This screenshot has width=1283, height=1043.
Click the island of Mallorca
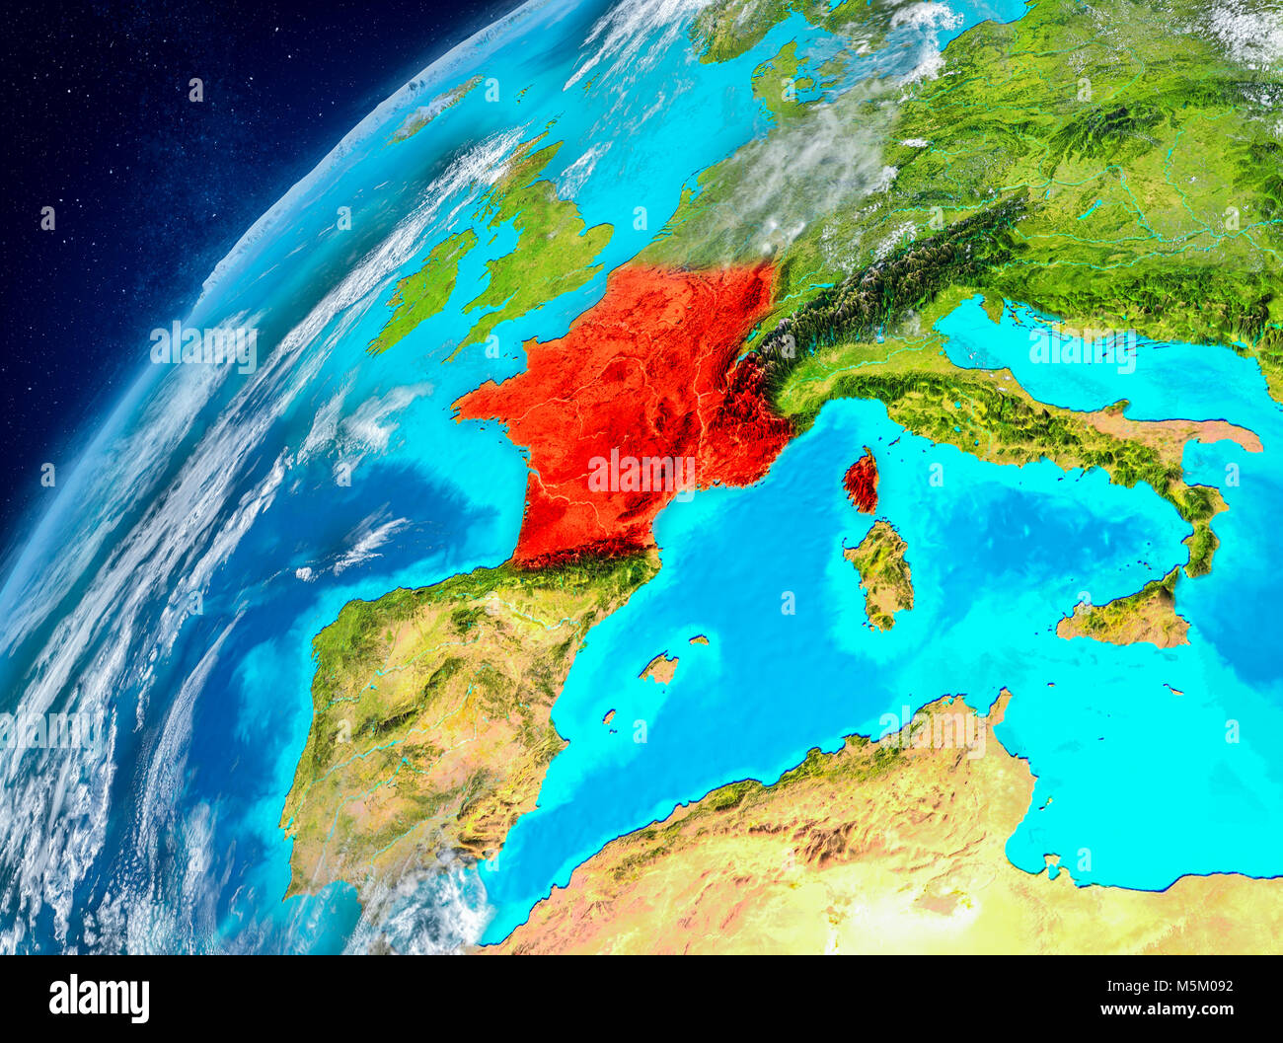(x=659, y=669)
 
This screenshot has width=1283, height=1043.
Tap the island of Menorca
(x=699, y=640)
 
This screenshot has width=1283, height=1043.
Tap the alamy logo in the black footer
(x=99, y=998)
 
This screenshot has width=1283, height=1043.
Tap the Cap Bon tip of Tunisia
(x=1002, y=703)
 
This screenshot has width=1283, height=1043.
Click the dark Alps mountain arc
(x=878, y=286)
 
